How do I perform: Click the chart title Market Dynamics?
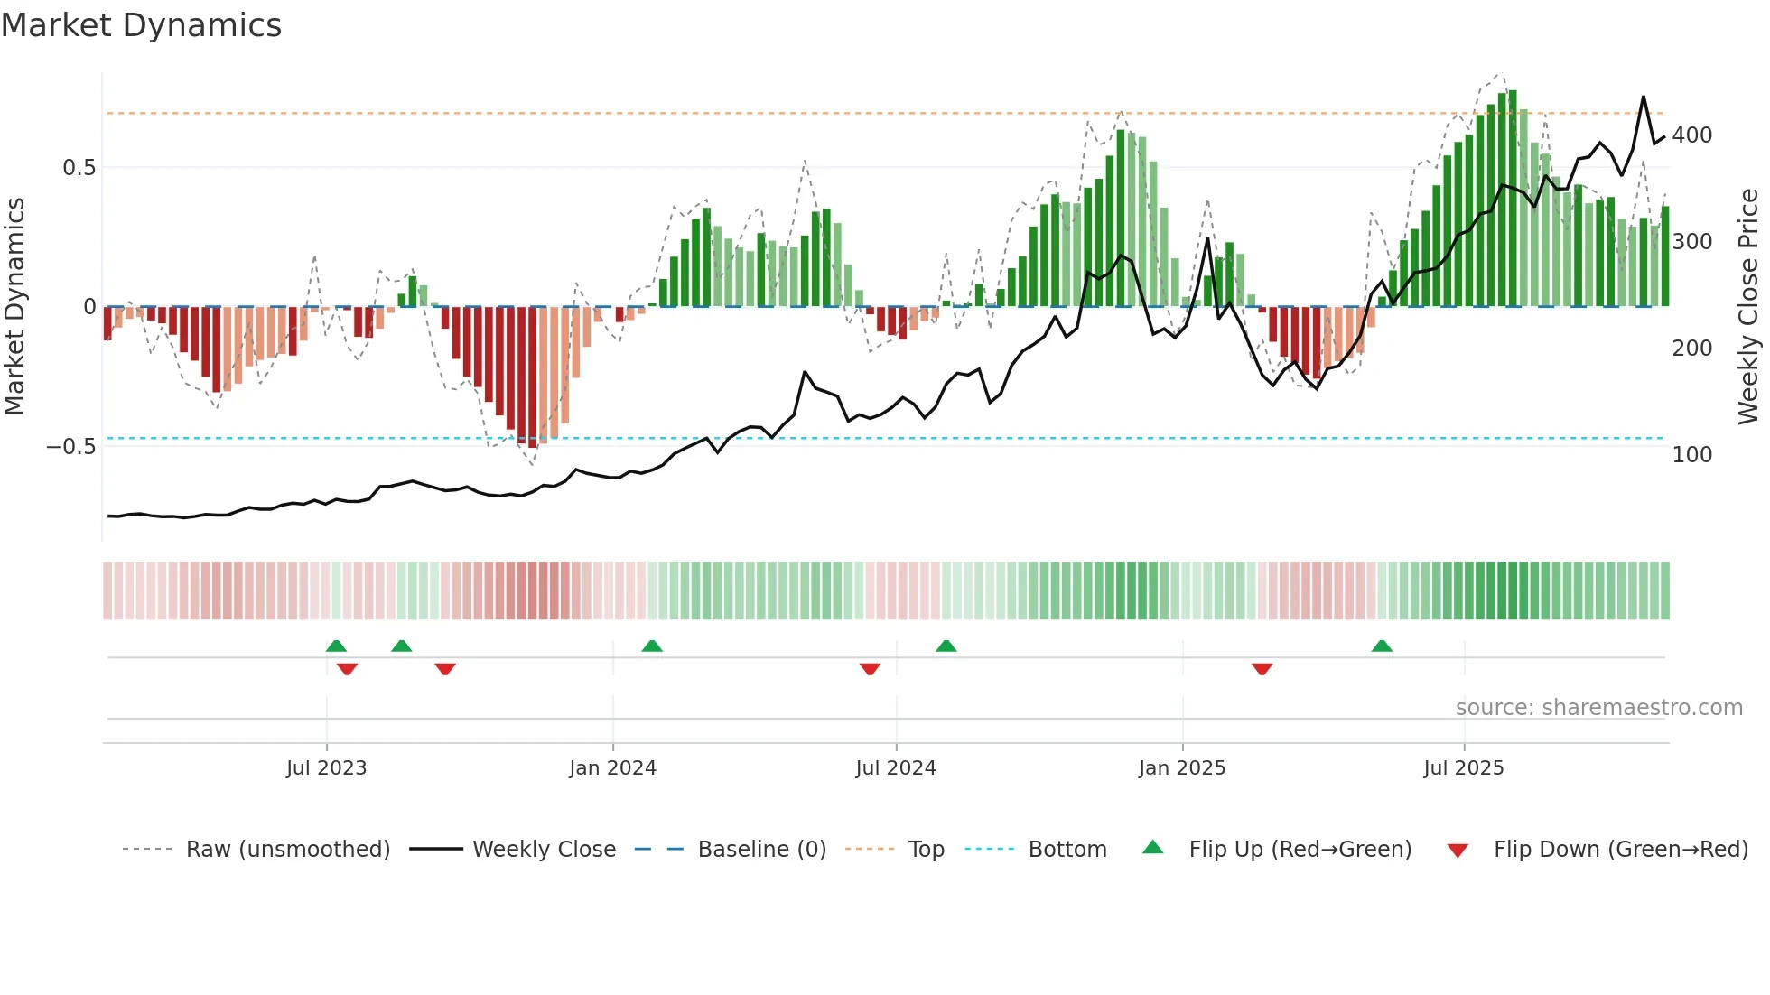click(x=141, y=25)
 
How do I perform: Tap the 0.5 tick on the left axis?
click(x=79, y=168)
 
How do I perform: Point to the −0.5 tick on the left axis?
click(x=70, y=447)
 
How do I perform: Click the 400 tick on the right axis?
click(x=1691, y=135)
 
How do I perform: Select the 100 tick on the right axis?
click(x=1691, y=455)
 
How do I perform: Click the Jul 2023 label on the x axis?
click(x=326, y=768)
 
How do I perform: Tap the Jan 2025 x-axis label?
click(x=1181, y=768)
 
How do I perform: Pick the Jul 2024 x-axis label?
click(x=895, y=768)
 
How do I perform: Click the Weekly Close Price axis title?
click(x=1748, y=306)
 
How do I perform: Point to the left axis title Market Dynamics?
click(x=14, y=306)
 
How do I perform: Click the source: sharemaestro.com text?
click(x=1598, y=708)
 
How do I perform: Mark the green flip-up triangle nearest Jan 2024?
click(x=652, y=646)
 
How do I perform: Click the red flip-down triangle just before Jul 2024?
click(x=870, y=669)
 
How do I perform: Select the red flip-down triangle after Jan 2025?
click(x=1262, y=669)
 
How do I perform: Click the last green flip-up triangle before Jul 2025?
click(x=1382, y=646)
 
